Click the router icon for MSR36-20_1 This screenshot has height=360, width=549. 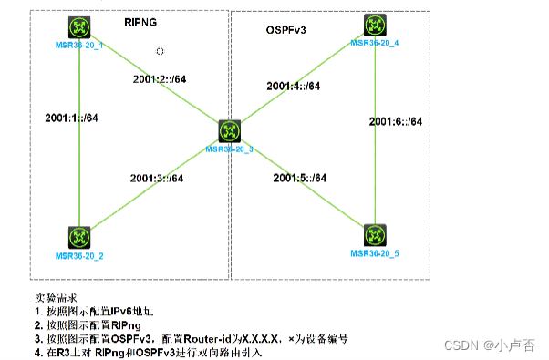[81, 27]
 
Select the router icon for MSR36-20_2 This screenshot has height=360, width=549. [81, 237]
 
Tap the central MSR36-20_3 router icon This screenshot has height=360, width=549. [229, 130]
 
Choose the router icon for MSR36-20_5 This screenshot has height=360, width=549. [374, 234]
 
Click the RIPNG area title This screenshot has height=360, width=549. [140, 19]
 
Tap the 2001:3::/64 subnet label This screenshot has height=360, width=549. [158, 178]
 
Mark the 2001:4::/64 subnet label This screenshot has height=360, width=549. [293, 86]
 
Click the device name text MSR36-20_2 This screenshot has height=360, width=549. [82, 255]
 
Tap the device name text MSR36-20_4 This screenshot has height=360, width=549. [375, 43]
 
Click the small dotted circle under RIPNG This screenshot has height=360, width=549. [161, 52]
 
